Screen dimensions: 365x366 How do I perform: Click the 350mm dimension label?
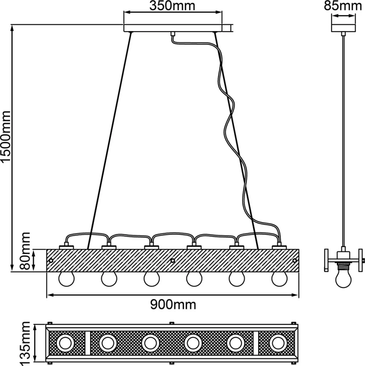click(172, 6)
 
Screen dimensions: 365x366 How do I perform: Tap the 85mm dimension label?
click(343, 6)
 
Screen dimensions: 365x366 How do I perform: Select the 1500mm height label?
click(6, 137)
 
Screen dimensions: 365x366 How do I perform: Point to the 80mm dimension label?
click(25, 251)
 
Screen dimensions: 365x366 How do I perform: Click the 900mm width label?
click(173, 304)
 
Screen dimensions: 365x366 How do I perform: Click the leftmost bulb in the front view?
click(66, 279)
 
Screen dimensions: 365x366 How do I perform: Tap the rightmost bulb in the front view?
click(279, 279)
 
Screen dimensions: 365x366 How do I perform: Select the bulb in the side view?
click(343, 278)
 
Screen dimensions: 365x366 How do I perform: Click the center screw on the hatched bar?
click(172, 260)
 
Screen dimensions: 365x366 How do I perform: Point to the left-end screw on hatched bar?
click(51, 260)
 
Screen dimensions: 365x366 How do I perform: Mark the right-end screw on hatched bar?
click(294, 260)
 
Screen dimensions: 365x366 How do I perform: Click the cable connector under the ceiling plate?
click(173, 33)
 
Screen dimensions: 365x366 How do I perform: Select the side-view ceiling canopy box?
click(343, 28)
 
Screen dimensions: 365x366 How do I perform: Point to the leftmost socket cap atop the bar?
click(67, 246)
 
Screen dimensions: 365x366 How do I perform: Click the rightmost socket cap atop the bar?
click(279, 246)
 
